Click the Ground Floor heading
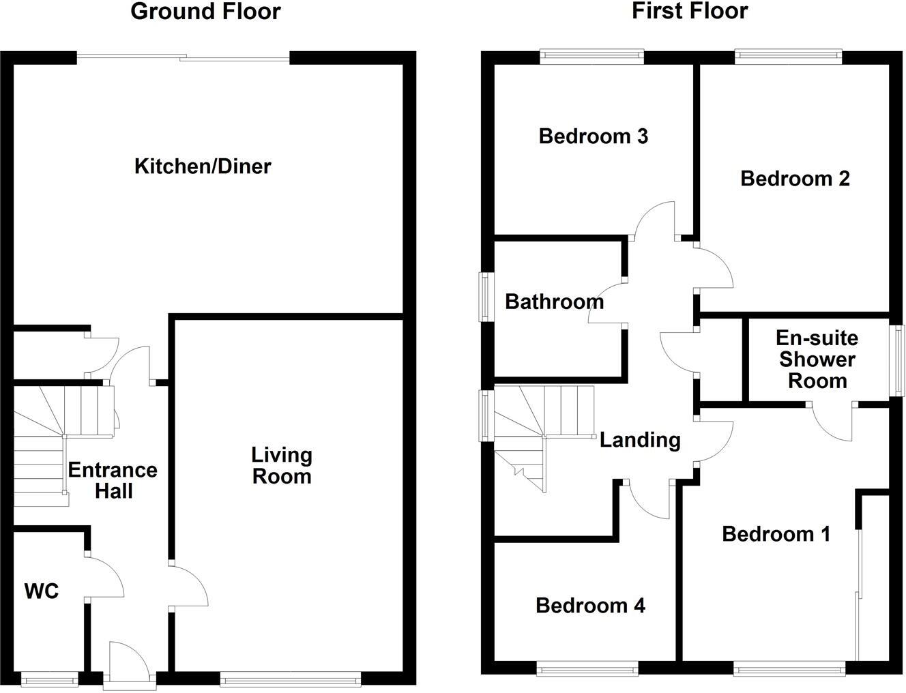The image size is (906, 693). (205, 12)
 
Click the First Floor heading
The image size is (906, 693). (689, 12)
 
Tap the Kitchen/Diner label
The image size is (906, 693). (203, 166)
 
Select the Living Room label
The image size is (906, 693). (282, 465)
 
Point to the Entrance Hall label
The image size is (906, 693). (113, 480)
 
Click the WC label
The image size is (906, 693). (42, 591)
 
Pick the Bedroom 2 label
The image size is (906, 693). (795, 179)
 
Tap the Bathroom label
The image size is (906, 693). (554, 301)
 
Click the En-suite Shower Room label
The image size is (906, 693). (817, 359)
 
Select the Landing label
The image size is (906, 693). (640, 441)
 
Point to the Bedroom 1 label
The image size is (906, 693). (776, 534)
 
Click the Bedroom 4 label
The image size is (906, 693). (590, 606)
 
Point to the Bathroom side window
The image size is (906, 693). (484, 297)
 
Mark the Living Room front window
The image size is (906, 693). (291, 678)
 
